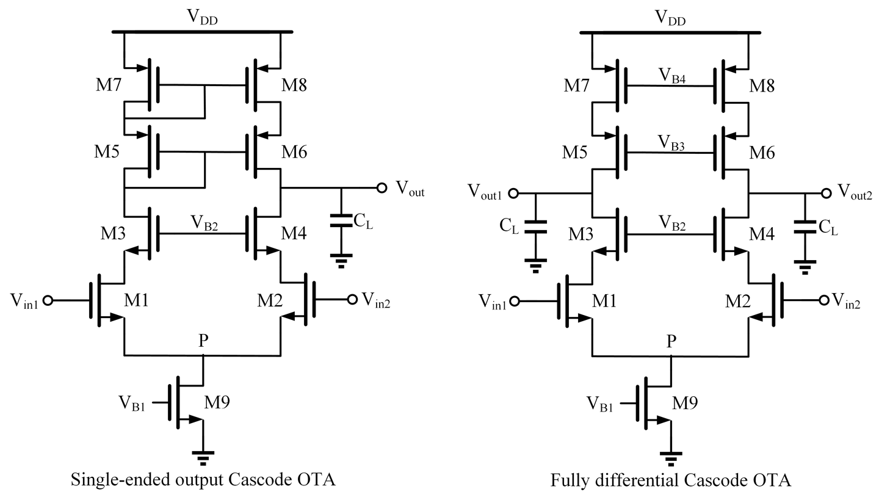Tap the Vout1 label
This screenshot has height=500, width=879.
point(485,191)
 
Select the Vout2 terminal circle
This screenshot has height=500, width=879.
point(826,194)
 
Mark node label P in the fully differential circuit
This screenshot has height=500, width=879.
point(671,342)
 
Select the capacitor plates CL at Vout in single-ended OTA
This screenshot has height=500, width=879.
point(341,220)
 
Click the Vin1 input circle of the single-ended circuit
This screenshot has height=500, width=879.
point(48,300)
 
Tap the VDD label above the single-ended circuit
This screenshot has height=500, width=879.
point(203,19)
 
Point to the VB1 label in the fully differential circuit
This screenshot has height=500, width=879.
point(600,404)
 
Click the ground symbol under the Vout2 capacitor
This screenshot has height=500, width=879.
point(805,267)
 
